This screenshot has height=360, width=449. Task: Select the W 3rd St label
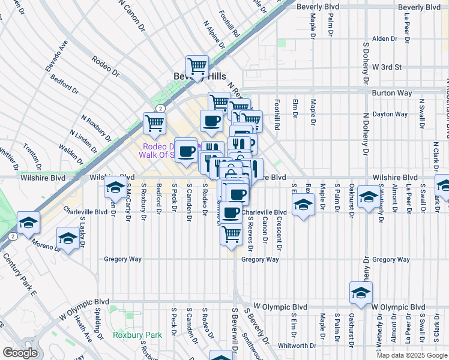[386, 67]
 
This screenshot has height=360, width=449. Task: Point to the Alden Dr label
[385, 38]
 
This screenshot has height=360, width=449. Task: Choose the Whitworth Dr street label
[297, 346]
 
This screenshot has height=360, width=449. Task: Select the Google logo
[20, 352]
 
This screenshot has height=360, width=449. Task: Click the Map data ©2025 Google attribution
[411, 355]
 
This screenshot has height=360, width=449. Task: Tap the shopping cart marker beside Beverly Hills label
[197, 65]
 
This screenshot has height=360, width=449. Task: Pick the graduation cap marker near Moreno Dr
[68, 239]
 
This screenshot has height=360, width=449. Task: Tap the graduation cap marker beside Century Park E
[28, 223]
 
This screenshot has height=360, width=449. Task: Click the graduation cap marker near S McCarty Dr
[115, 187]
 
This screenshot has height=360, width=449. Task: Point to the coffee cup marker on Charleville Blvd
[231, 212]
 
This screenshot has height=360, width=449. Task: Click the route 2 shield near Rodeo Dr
[160, 108]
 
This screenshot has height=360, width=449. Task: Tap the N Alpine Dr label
[213, 35]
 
